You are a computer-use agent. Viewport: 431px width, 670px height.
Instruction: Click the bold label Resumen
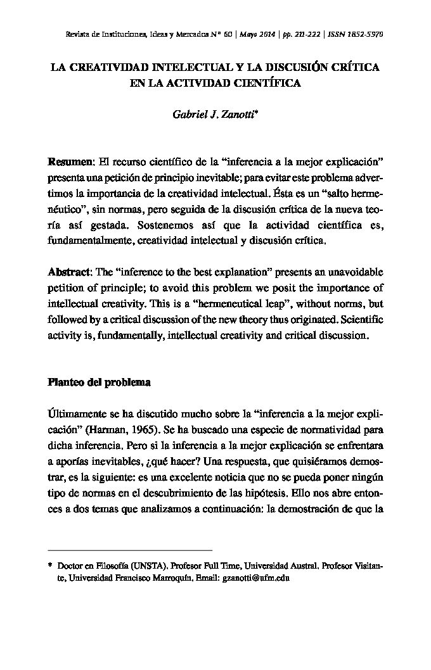pyautogui.click(x=70, y=158)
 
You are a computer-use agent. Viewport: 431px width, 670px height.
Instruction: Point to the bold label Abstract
pyautogui.click(x=70, y=272)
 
